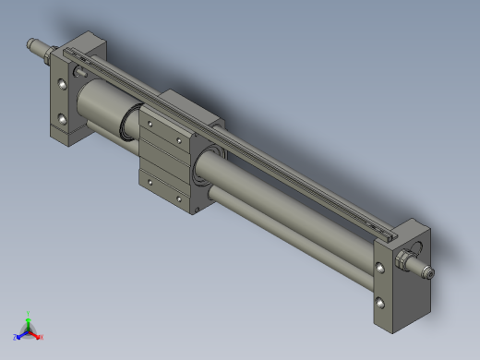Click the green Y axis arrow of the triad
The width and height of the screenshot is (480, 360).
tap(29, 317)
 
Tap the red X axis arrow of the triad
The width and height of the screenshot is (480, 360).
tap(40, 337)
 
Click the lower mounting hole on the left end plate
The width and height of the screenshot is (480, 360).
tap(62, 118)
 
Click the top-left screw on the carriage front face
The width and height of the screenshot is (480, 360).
tap(148, 117)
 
